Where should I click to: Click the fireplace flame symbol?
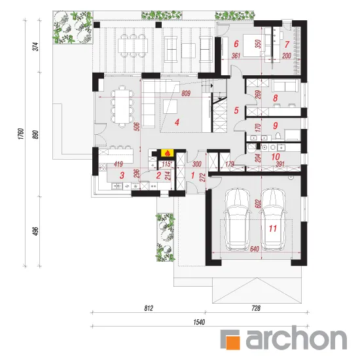point(168,153)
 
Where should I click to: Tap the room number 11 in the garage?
point(273,228)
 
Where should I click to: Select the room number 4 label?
point(177,122)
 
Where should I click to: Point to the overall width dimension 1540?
point(199,322)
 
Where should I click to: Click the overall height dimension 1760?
point(21,134)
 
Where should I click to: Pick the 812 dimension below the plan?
point(149,308)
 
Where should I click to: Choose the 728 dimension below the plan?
point(256,308)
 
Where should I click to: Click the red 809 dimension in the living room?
point(186,94)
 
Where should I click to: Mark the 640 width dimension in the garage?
point(255,249)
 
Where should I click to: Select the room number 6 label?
point(236,44)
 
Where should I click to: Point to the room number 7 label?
point(287,45)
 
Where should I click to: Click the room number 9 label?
point(276,126)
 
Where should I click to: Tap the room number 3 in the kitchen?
point(122,175)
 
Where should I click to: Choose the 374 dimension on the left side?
point(36,46)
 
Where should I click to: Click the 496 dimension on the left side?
point(36,231)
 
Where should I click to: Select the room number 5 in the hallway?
point(236,111)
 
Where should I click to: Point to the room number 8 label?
point(276,98)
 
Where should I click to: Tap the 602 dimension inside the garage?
point(258,204)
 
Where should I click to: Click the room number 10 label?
point(276,157)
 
